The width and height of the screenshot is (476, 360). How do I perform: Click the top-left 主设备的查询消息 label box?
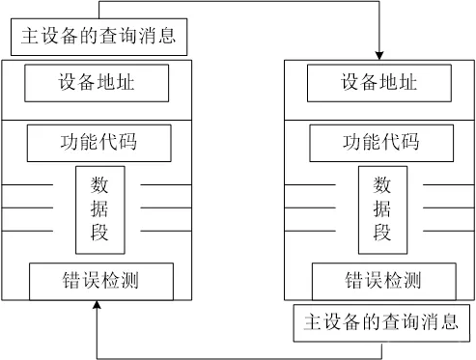pyautogui.click(x=98, y=39)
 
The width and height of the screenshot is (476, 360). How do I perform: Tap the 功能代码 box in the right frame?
pyautogui.click(x=382, y=143)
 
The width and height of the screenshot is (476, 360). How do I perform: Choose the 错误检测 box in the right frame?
pyautogui.click(x=382, y=281)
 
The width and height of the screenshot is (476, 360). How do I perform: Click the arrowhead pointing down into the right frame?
pyautogui.click(x=379, y=54)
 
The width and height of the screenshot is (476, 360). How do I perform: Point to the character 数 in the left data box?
pyautogui.click(x=100, y=183)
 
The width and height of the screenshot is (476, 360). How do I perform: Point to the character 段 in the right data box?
pyautogui.click(x=382, y=232)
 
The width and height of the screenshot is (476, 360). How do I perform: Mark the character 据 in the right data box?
pyautogui.click(x=382, y=208)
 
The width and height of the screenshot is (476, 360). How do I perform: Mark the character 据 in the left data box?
pyautogui.click(x=100, y=208)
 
